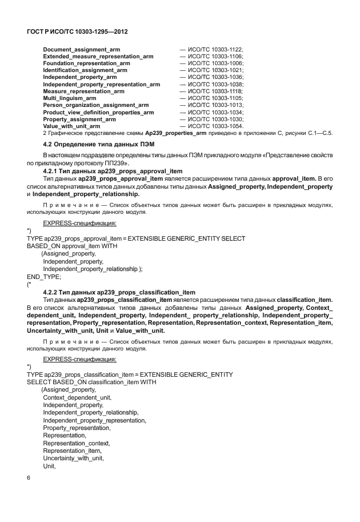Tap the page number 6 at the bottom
(29, 477)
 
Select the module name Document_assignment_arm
(81, 50)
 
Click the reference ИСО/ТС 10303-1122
(215, 50)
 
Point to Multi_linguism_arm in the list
(69, 98)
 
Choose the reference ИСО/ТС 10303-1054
(215, 126)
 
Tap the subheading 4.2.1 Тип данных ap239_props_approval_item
(113, 171)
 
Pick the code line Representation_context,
(77, 443)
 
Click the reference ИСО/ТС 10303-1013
(215, 105)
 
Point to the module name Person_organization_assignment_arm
(95, 105)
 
